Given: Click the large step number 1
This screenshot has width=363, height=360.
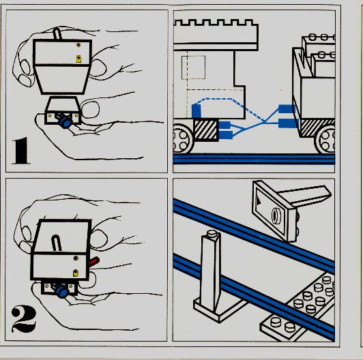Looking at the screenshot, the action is (21, 151).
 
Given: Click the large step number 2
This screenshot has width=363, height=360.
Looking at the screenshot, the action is (24, 319).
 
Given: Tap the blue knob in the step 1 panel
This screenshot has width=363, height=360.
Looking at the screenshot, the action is (65, 122).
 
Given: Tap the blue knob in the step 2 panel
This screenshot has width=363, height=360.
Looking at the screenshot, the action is (62, 292).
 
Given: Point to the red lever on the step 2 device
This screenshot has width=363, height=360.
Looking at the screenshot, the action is (94, 261).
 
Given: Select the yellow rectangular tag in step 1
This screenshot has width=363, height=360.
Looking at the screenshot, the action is (78, 59).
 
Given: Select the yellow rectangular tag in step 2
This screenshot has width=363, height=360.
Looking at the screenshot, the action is (76, 273).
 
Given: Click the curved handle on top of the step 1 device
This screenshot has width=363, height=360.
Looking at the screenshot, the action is (57, 33).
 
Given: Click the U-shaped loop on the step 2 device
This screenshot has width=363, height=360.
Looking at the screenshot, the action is (56, 243).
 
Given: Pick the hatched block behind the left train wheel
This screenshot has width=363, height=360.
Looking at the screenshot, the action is (206, 130).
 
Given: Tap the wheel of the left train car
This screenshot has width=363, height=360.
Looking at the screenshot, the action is (182, 140).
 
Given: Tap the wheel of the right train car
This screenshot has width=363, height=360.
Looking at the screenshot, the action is (325, 140).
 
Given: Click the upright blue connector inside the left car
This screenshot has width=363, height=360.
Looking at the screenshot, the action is (196, 111).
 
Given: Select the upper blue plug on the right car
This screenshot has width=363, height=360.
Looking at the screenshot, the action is (287, 108).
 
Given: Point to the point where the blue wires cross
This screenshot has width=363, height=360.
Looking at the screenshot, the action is (264, 122).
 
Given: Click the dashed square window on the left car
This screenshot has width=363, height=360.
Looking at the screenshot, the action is (193, 67).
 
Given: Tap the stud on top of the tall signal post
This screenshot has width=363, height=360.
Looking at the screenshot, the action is (212, 234).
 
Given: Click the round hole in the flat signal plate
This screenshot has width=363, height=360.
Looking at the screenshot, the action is (276, 215).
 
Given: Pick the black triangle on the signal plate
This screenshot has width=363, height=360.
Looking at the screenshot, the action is (259, 200).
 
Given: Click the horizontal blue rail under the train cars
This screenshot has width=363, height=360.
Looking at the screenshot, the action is (254, 159).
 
